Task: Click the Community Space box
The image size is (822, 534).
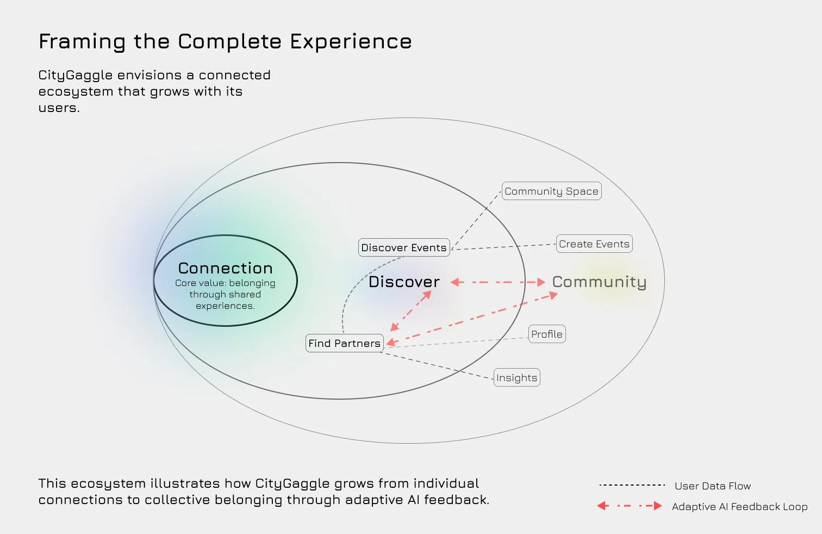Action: (551, 191)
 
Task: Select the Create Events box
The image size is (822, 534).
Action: (594, 244)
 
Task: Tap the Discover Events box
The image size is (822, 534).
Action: (404, 247)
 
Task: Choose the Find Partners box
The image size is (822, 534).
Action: (345, 343)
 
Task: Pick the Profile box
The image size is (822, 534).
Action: (547, 334)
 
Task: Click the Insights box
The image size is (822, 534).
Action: (516, 378)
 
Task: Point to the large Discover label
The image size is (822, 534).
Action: (404, 282)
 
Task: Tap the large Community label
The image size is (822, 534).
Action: (599, 282)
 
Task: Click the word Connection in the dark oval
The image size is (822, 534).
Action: (226, 268)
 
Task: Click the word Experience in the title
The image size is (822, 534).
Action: (351, 42)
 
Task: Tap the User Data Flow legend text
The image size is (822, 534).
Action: (713, 486)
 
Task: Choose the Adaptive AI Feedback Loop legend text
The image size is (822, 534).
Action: (739, 507)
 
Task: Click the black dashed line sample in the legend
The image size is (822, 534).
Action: (632, 485)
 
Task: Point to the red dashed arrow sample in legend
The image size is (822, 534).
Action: (630, 506)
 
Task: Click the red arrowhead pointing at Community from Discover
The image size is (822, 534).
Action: (540, 282)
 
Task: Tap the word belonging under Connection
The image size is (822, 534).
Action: (252, 283)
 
